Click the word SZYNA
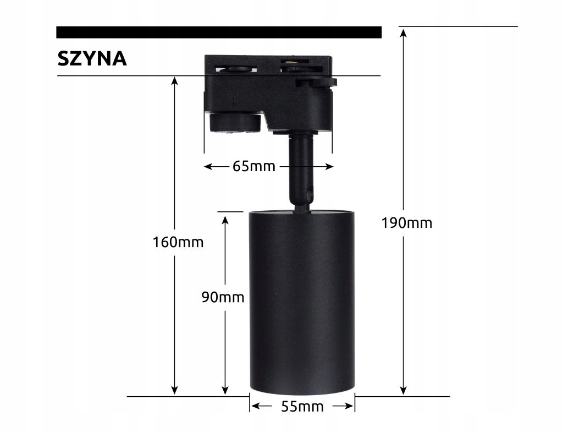coord(92,58)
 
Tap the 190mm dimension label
coord(407,223)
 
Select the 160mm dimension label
coord(178,242)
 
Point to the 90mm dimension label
coord(222,297)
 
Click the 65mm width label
coord(253,166)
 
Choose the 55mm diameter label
coord(302,407)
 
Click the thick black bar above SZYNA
coord(219,32)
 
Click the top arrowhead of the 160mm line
coord(174,81)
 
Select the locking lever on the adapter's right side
coord(316,83)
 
